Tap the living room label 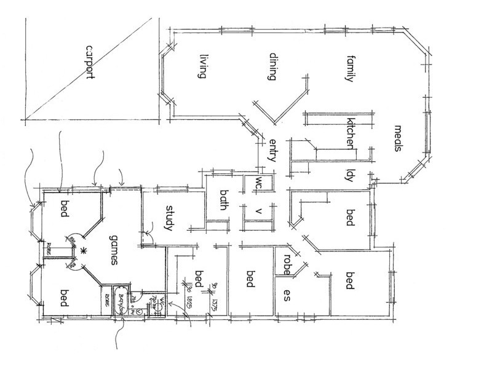(x=200, y=67)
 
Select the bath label (x=224, y=200)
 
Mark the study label (x=170, y=218)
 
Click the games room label (x=113, y=250)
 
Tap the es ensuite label (x=286, y=294)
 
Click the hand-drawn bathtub (x=121, y=300)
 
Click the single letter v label (x=259, y=212)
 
